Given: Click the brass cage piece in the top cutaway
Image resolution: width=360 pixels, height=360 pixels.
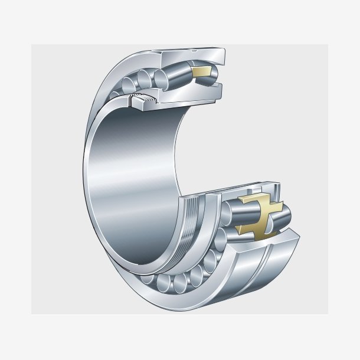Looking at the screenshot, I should (x=201, y=73).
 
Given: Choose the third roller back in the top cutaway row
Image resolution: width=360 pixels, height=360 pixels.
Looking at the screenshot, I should (x=145, y=78).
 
